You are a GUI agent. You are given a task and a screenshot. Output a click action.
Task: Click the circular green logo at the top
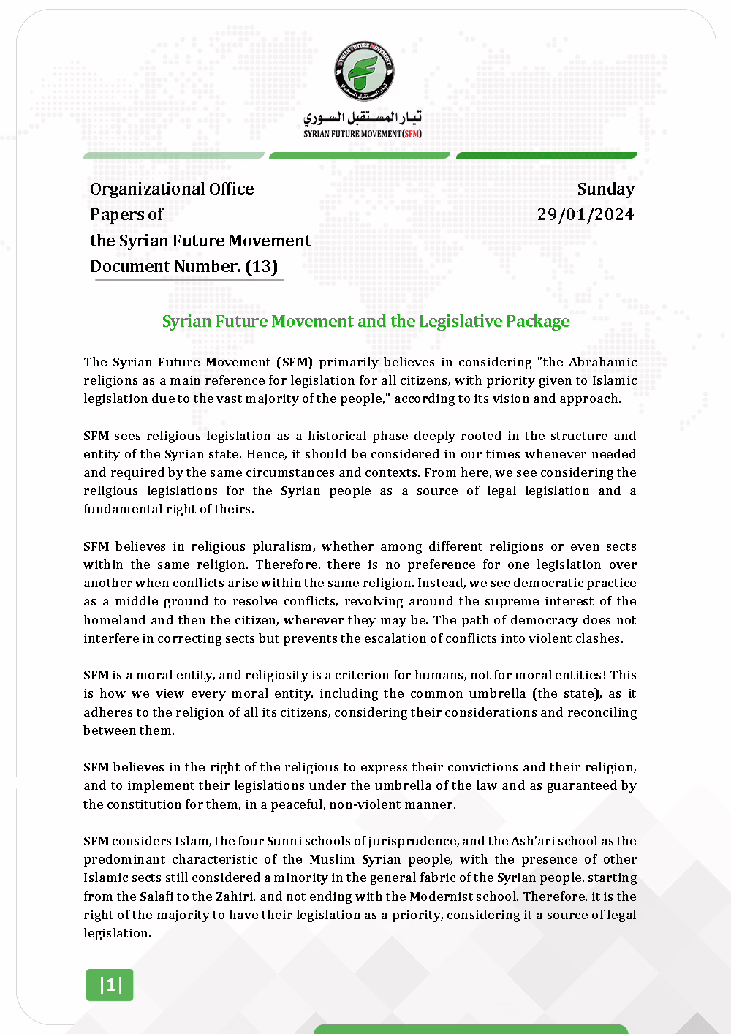pos(364,72)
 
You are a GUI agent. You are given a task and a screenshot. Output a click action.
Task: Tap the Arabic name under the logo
pos(363,118)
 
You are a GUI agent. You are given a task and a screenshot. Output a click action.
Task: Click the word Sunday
pos(605,189)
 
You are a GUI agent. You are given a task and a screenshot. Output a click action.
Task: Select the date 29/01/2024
pos(585,214)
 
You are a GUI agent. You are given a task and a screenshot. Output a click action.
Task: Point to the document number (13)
pos(261,266)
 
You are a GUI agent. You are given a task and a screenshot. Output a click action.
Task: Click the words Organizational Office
pos(172,189)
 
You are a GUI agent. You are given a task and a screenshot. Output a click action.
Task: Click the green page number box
pos(110,984)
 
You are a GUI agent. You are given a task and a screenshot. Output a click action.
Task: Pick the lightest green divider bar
pos(174,155)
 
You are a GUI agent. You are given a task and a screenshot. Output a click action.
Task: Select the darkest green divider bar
pos(546,155)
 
